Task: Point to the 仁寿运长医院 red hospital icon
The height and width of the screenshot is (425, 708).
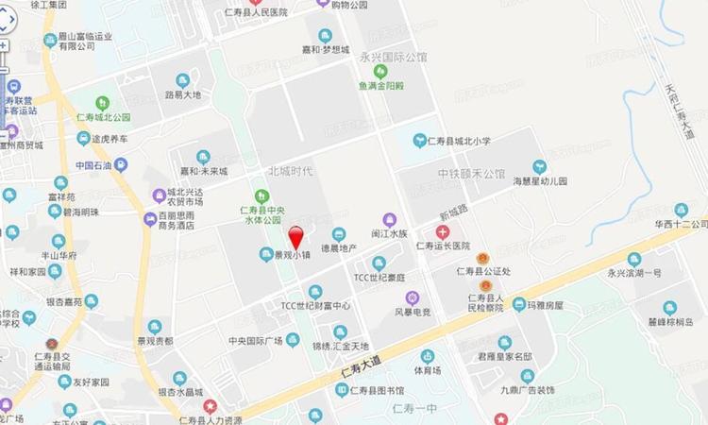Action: [x=442, y=230]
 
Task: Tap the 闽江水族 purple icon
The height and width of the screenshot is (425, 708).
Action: [x=388, y=219]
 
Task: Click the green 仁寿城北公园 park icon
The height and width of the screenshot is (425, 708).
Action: [x=103, y=103]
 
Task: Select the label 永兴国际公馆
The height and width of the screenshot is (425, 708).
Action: [x=393, y=57]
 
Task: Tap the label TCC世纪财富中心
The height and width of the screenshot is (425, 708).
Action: [x=316, y=306]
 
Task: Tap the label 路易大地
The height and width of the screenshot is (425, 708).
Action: [x=183, y=95]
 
